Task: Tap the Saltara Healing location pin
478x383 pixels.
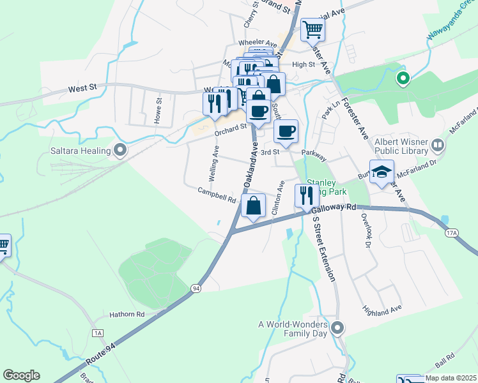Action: coord(119,151)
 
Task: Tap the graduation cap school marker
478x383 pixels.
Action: coord(382,173)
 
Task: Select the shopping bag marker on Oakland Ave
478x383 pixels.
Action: coord(254,206)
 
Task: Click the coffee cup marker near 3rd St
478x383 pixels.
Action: coord(286,131)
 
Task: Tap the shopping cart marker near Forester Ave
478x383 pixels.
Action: coord(312,29)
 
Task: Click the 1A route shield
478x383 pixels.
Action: coord(97,333)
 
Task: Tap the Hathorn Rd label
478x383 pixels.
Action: coord(127,314)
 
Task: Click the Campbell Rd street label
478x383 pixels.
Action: coord(217,194)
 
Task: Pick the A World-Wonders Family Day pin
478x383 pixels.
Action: coord(338,329)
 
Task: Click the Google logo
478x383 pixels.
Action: coord(21,375)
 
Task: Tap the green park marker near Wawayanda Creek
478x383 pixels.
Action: coord(403,79)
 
